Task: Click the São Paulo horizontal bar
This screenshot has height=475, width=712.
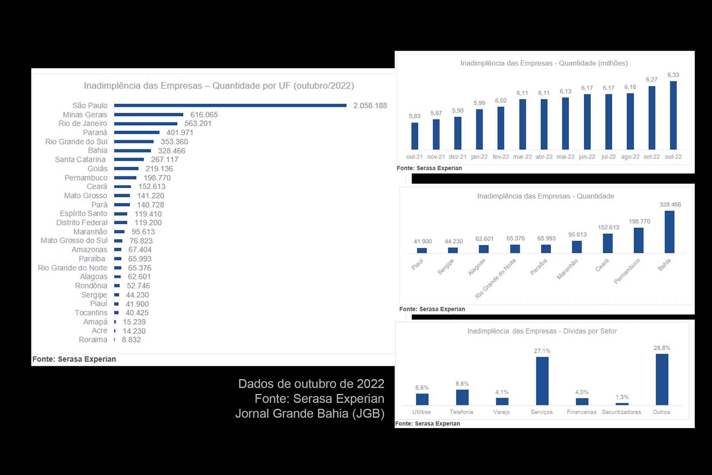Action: (230, 105)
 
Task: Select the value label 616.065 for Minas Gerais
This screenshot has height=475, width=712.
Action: (204, 115)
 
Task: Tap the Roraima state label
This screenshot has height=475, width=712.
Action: (93, 340)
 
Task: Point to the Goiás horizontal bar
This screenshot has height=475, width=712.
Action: (126, 168)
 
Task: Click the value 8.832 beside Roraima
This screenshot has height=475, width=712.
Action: (131, 340)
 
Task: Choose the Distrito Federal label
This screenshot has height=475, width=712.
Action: (82, 223)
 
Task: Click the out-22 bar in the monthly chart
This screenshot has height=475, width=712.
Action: (673, 115)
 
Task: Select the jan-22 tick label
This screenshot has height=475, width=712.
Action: (479, 157)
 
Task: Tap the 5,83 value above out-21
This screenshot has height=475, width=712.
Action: (414, 116)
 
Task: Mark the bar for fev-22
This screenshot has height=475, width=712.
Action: (501, 128)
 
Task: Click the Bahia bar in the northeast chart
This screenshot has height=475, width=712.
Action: (669, 232)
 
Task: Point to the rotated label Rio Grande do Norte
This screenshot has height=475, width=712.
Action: (495, 278)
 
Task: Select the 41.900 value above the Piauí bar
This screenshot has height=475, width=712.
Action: (422, 241)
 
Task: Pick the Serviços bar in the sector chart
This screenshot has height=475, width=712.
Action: (542, 381)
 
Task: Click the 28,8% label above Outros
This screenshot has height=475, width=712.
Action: (662, 348)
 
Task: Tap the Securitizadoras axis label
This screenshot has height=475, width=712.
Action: (621, 412)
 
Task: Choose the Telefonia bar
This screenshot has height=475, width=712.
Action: (462, 398)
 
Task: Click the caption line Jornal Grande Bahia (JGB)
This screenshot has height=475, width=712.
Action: (310, 414)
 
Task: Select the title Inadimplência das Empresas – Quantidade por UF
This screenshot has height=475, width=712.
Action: (219, 86)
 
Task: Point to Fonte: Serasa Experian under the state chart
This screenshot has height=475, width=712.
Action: (74, 359)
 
